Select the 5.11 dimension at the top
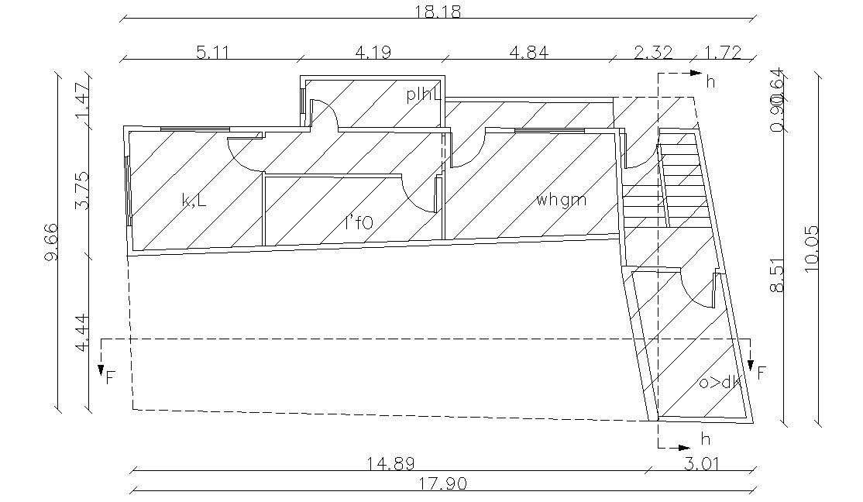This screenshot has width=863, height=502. click(211, 53)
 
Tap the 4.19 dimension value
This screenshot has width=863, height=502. click(373, 53)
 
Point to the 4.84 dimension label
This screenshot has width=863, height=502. click(528, 53)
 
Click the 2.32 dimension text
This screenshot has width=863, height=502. click(654, 53)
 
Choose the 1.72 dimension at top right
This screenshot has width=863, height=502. click(723, 53)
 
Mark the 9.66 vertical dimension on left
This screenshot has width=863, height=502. click(50, 241)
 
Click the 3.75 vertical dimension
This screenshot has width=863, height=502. click(82, 191)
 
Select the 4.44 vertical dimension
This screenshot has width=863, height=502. click(82, 334)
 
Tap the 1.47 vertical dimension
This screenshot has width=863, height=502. click(82, 99)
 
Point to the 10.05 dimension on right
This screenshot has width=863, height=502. click(811, 249)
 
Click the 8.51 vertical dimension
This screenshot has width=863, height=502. click(778, 276)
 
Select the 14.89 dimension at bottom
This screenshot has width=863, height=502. click(391, 463)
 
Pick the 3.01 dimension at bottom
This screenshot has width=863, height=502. click(700, 463)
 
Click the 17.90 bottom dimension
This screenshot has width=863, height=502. click(443, 484)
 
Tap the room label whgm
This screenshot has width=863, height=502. click(561, 201)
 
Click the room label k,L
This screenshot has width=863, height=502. click(193, 201)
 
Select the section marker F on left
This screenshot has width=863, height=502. click(110, 377)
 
